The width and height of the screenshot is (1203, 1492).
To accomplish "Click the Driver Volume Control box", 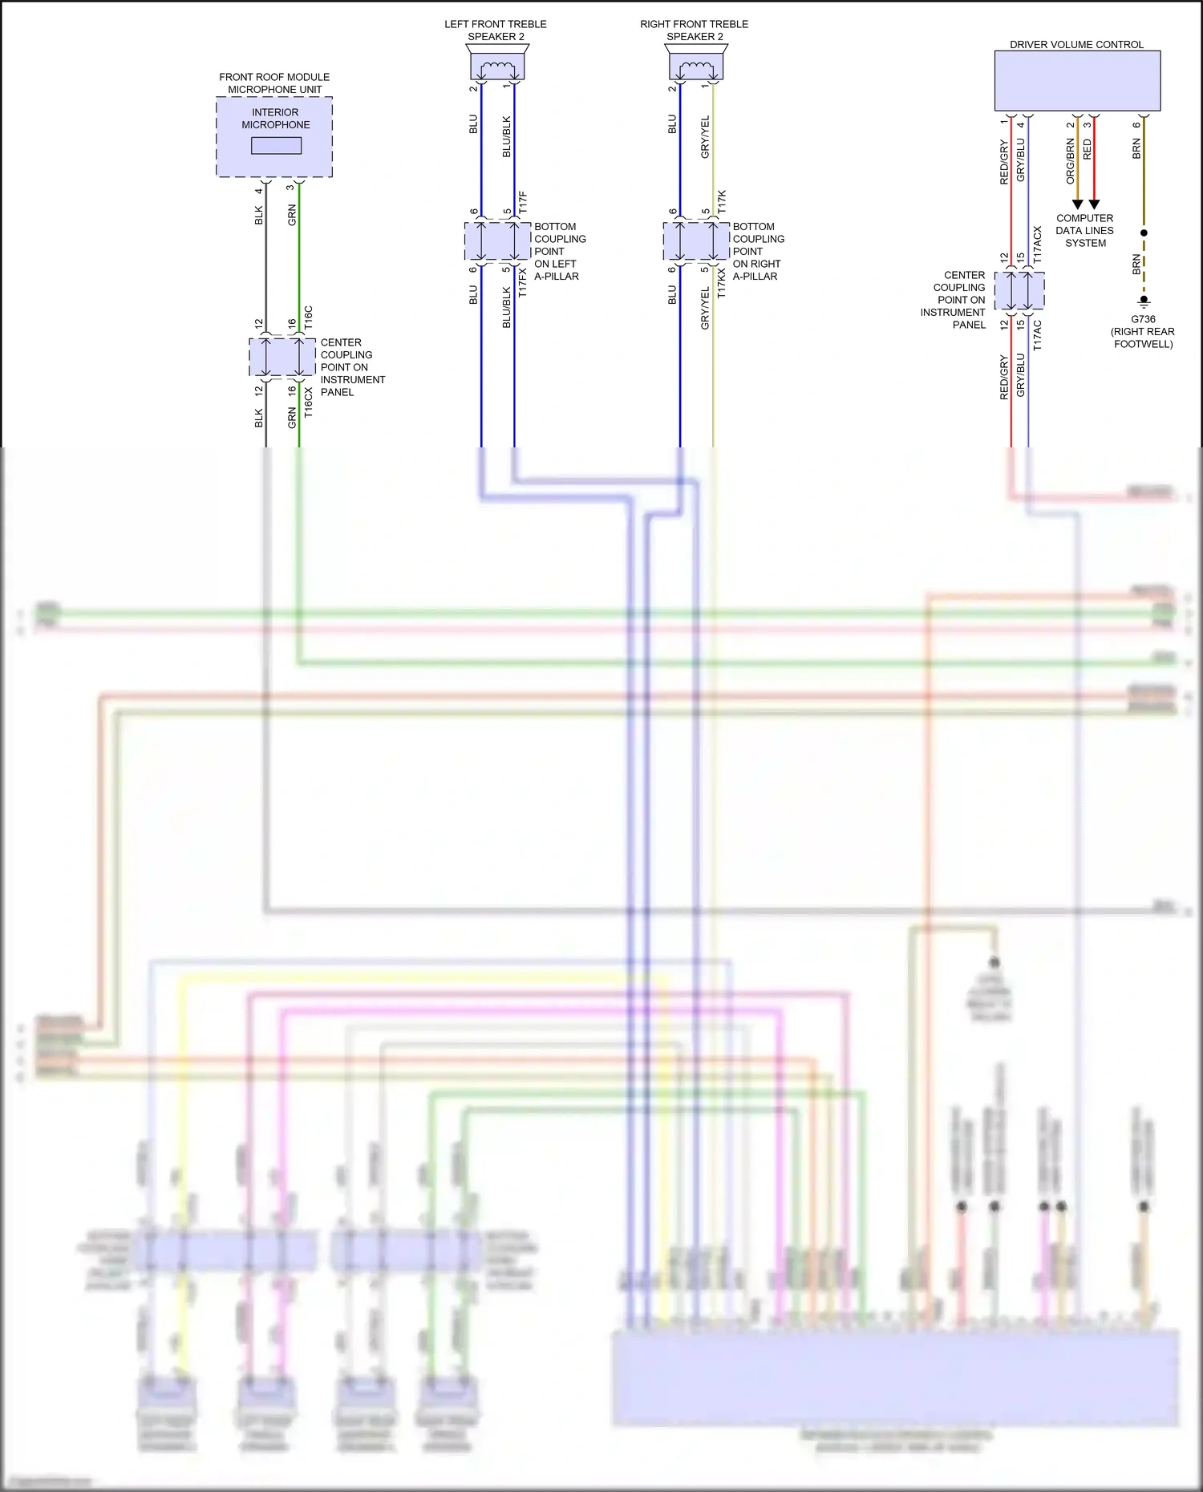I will (x=1077, y=80).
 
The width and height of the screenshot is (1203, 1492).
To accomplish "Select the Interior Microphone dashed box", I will (x=274, y=137).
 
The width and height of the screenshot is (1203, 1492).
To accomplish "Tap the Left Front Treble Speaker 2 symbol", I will (x=496, y=63).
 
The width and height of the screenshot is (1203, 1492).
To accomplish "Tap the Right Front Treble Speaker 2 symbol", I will (x=695, y=63).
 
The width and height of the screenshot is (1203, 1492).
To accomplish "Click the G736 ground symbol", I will (x=1144, y=301).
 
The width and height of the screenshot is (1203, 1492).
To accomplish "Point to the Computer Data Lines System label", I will (x=1084, y=230).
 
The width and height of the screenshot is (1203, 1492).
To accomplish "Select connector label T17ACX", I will (x=1037, y=245).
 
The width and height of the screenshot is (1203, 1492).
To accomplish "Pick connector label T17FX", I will (x=523, y=282).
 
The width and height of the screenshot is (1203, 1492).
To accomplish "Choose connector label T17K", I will (x=722, y=201).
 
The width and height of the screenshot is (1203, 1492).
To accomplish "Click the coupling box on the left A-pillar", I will (x=497, y=241).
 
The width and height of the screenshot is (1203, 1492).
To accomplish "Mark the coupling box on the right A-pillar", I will (x=696, y=241).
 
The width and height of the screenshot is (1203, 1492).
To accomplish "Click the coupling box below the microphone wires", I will (x=282, y=357).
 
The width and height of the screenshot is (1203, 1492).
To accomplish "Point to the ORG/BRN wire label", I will (x=1070, y=160).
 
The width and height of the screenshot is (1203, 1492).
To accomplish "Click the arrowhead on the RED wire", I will (x=1094, y=204).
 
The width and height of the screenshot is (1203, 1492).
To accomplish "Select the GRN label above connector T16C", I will (x=292, y=214).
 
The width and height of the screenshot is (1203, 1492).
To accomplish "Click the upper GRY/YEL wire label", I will (x=705, y=137).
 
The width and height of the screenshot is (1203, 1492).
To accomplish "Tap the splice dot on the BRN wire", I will (x=1144, y=232).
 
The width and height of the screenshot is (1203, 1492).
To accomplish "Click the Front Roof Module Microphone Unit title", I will (x=274, y=83).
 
